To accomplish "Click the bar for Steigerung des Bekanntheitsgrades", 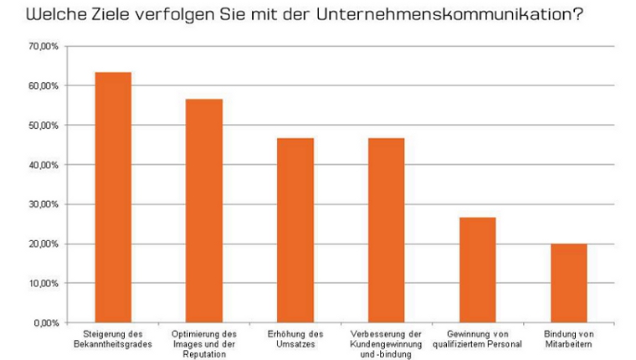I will [x=113, y=198].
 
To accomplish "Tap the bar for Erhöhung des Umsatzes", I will [x=295, y=230].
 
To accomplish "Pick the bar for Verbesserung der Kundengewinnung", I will [x=387, y=230].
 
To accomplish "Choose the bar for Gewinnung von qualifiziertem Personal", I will [x=478, y=270].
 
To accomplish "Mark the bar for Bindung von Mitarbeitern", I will [x=569, y=283].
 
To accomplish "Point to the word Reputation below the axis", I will [x=204, y=352].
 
